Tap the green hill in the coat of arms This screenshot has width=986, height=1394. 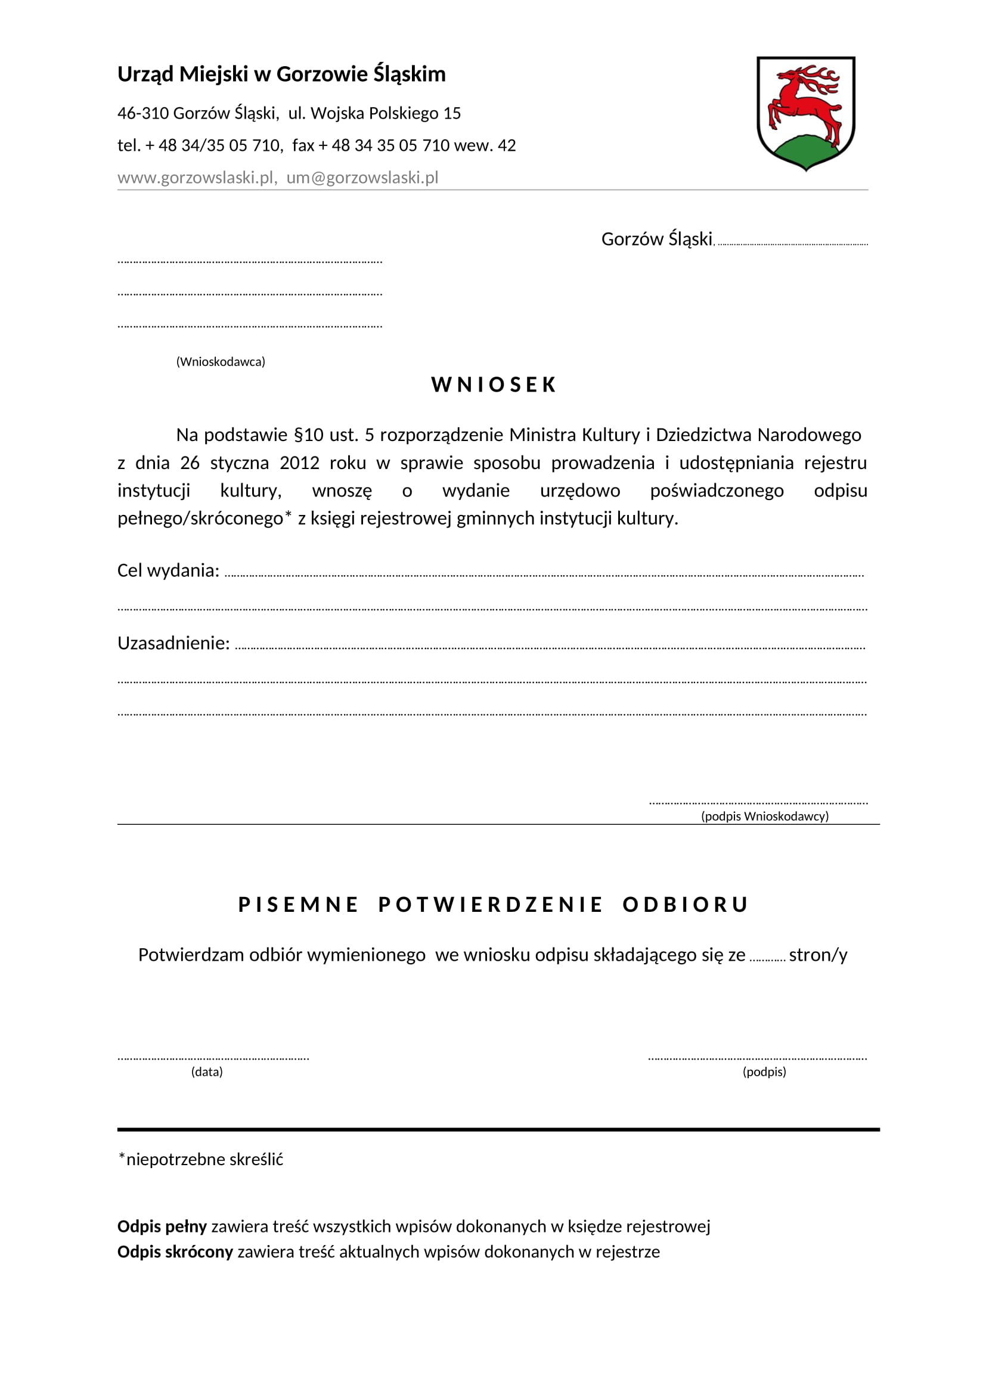click(806, 152)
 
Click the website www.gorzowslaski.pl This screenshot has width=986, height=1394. click(196, 178)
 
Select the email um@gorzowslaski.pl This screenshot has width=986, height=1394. click(362, 178)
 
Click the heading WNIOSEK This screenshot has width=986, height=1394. click(494, 385)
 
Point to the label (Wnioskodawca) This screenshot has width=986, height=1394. click(221, 362)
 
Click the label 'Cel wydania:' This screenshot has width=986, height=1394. click(168, 571)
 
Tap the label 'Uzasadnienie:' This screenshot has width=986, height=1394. click(173, 644)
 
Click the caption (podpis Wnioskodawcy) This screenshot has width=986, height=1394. click(764, 816)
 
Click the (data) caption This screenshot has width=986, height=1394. click(207, 1072)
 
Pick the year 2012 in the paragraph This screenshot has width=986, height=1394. click(299, 463)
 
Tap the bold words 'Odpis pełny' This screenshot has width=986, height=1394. click(162, 1227)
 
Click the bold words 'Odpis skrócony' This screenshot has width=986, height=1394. click(175, 1252)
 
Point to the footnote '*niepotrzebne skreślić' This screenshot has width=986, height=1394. click(201, 1160)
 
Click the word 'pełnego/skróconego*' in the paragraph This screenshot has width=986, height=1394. click(204, 519)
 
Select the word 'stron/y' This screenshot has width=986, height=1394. click(818, 955)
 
